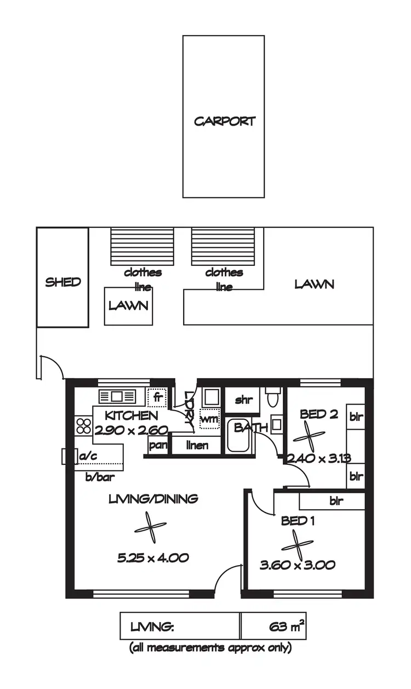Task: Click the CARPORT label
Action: [225, 121]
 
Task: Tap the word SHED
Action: [62, 282]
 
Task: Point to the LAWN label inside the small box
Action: [128, 305]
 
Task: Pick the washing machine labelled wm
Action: [209, 419]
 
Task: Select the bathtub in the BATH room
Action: [238, 437]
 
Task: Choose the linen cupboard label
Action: [197, 445]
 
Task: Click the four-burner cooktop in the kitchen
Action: [83, 426]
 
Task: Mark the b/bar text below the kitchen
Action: [100, 477]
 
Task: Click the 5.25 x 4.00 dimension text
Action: [153, 558]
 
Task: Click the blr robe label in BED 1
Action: [336, 501]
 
